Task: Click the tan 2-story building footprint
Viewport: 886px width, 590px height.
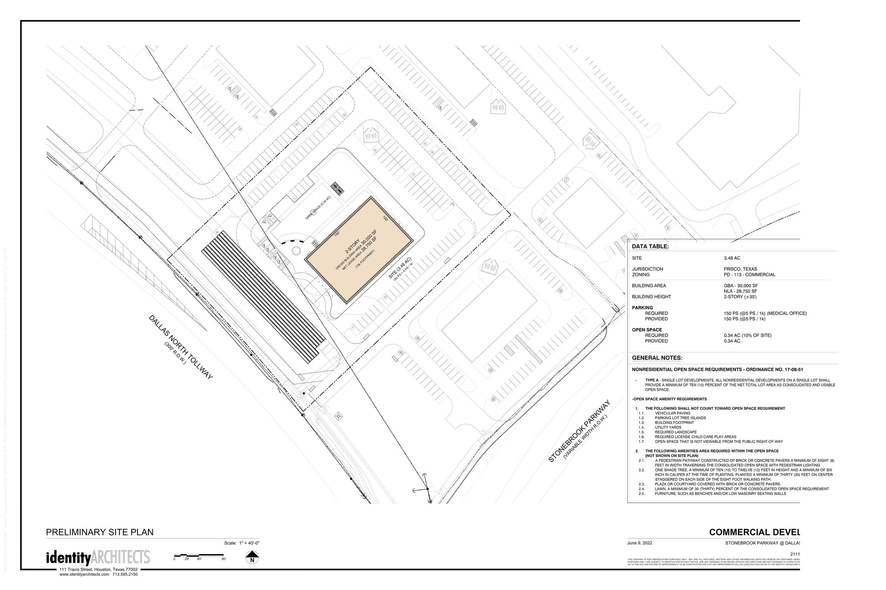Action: [359, 250]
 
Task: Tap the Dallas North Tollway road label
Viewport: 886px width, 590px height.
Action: [181, 348]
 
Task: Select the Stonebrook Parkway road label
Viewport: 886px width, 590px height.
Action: [579, 431]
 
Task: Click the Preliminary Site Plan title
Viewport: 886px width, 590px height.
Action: [100, 532]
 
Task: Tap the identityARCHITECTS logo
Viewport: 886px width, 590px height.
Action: [98, 558]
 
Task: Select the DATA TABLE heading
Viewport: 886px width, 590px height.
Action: [650, 247]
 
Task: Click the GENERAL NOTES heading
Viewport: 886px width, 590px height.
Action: [657, 358]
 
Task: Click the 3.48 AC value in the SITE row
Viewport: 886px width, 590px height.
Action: [731, 258]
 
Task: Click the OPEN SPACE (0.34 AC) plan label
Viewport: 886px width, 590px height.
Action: [318, 208]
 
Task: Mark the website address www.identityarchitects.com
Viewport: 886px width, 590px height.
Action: [84, 574]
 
